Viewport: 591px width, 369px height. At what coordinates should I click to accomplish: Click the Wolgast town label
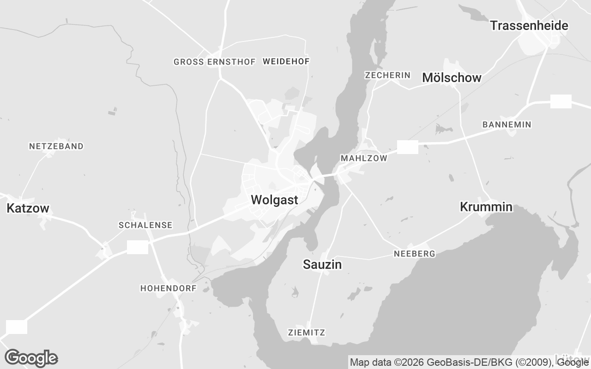click(274, 200)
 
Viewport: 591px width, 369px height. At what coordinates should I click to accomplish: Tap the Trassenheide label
click(529, 26)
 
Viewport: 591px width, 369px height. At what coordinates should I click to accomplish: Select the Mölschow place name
click(452, 78)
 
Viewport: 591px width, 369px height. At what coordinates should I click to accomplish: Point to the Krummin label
click(486, 207)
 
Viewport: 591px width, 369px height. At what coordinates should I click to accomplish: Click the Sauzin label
click(322, 265)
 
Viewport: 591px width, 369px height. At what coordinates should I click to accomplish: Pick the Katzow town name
click(28, 208)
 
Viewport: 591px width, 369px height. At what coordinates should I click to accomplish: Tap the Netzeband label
click(56, 146)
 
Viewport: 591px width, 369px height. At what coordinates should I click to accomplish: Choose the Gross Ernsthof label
click(214, 62)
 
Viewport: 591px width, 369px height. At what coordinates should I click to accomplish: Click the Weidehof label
click(286, 61)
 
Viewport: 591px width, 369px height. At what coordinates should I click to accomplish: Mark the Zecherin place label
click(387, 75)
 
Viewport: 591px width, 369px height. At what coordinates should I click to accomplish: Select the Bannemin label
click(507, 125)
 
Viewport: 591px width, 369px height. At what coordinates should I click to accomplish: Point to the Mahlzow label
click(364, 158)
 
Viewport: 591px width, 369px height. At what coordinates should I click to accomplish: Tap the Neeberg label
click(414, 254)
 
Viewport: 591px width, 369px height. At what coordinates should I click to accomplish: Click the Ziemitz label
click(306, 333)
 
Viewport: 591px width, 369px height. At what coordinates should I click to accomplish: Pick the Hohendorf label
click(169, 288)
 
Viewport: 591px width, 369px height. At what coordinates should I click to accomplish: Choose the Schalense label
click(145, 225)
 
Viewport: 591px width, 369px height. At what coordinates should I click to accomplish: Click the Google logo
click(31, 358)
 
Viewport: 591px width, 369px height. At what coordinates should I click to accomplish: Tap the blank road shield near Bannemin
click(561, 101)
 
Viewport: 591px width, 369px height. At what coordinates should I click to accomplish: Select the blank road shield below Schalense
click(138, 247)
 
